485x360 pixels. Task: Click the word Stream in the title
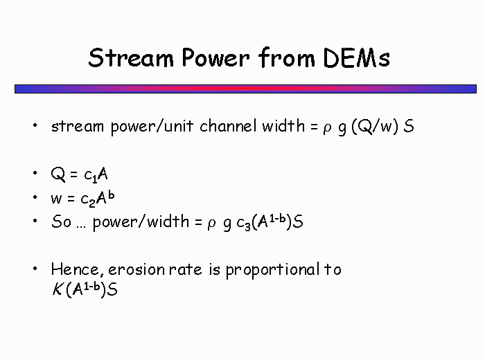131,57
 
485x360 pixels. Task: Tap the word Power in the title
215,57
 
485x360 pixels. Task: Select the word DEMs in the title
356,57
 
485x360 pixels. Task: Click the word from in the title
287,57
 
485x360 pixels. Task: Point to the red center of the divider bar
245,89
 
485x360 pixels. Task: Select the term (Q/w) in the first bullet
375,127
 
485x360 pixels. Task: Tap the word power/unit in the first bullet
152,127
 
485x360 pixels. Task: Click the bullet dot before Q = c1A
35,173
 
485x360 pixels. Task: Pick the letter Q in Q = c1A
58,174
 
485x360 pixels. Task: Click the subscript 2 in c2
92,203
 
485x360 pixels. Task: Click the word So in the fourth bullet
61,222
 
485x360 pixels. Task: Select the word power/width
141,222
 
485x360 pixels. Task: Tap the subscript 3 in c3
247,226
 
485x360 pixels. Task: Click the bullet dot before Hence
35,269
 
